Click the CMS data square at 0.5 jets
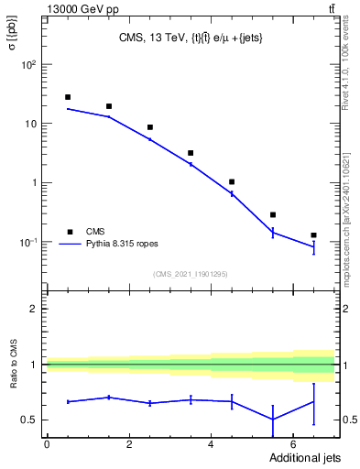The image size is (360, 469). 67,97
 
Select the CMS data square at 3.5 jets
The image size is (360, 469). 191,153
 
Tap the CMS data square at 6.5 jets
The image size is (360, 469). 313,235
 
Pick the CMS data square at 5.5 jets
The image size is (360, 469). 272,214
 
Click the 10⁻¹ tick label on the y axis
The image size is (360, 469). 28,242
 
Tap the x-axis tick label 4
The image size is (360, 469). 211,444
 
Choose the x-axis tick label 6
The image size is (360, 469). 292,444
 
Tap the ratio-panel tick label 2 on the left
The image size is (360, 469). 34,309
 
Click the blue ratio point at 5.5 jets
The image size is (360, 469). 272,419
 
